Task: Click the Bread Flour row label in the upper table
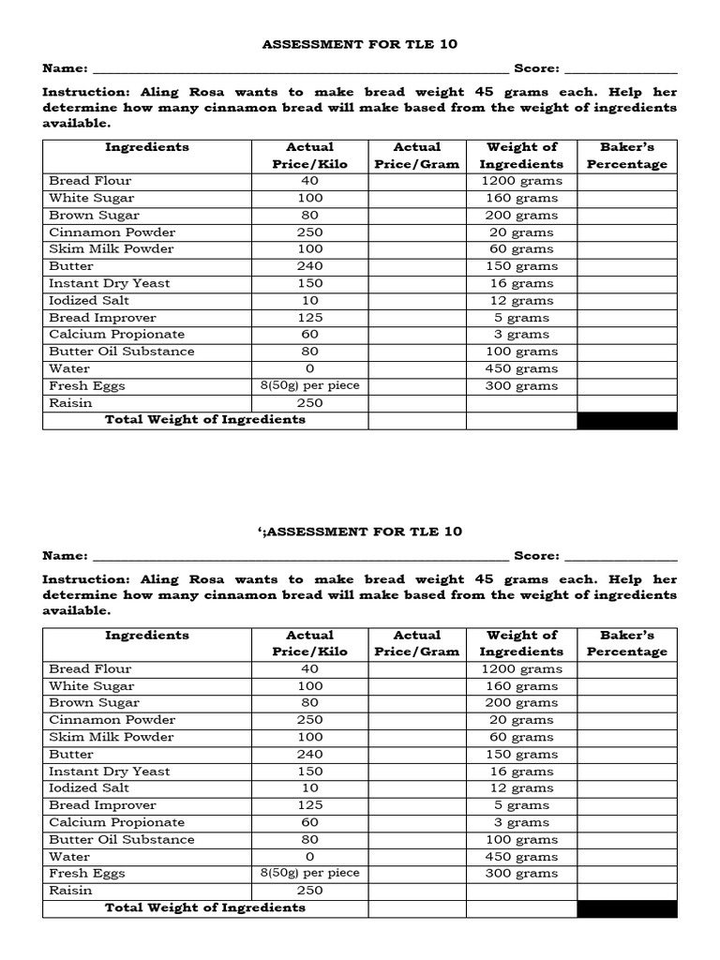click(90, 181)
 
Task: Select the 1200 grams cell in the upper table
click(521, 181)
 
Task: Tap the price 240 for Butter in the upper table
click(309, 266)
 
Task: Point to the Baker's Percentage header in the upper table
click(626, 156)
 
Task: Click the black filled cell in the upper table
click(626, 420)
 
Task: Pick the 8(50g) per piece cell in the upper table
click(309, 385)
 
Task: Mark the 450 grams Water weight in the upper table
click(521, 368)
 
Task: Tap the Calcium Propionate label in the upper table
click(116, 335)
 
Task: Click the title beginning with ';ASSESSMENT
click(360, 532)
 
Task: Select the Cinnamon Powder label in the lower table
click(112, 720)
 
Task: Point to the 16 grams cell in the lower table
click(521, 772)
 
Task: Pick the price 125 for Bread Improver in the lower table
click(309, 805)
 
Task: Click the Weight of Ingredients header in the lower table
click(521, 643)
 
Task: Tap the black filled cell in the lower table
click(626, 907)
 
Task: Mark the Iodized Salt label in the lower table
click(89, 788)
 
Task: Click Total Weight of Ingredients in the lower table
click(205, 907)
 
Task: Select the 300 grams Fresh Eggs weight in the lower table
click(521, 874)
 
